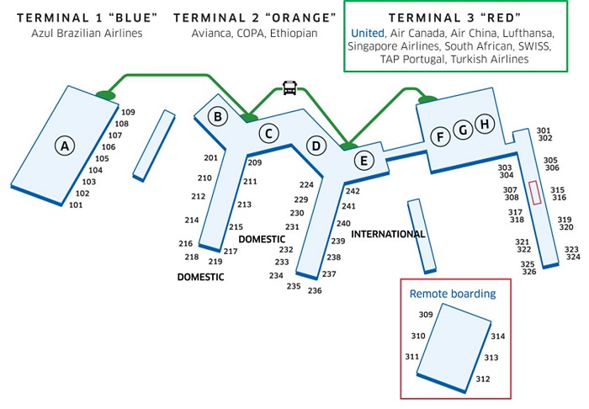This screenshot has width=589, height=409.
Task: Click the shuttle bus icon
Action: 289,88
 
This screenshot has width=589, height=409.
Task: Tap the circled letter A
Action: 65,146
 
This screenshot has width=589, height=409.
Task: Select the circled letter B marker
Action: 217,116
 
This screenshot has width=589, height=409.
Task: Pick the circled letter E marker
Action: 363,161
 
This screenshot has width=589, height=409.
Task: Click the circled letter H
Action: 485,124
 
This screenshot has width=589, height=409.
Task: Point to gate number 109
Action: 128,112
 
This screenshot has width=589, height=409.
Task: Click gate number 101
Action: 76,205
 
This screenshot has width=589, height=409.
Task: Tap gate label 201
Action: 210,157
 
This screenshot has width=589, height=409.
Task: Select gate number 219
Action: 215,262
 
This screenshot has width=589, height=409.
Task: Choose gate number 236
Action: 315,290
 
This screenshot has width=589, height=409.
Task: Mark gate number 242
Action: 353,191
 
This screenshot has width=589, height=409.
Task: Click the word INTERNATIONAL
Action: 388,234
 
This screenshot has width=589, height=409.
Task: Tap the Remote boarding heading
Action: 453,294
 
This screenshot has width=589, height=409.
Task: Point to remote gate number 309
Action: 426,315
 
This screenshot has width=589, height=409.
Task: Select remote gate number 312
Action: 483,379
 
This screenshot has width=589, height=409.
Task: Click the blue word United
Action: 368,34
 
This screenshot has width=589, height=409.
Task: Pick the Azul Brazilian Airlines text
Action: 87,34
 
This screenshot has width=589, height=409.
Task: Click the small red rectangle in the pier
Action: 535,193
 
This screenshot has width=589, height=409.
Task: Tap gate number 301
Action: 544,130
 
